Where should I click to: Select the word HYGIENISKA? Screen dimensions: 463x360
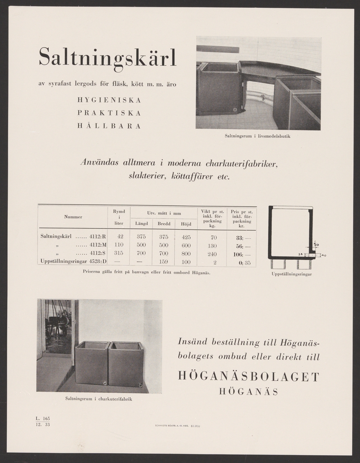[x=109, y=100]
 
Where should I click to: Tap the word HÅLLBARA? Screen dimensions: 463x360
[x=109, y=126]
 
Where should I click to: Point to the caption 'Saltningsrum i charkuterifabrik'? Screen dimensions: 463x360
[x=99, y=399]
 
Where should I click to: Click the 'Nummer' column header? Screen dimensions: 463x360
[x=73, y=217]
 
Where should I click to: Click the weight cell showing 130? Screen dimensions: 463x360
[x=212, y=246]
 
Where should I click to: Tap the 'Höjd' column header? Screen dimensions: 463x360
[x=186, y=224]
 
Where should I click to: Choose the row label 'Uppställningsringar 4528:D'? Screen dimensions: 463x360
[x=73, y=262]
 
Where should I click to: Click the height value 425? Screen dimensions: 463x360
[x=186, y=237]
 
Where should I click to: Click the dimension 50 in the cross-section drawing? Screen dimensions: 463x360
[x=316, y=245]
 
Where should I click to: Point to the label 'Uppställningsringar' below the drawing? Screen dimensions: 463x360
[x=292, y=274]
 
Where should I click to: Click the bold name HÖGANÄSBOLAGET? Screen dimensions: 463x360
[x=249, y=377]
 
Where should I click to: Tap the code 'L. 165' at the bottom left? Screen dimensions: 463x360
[x=42, y=418]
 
